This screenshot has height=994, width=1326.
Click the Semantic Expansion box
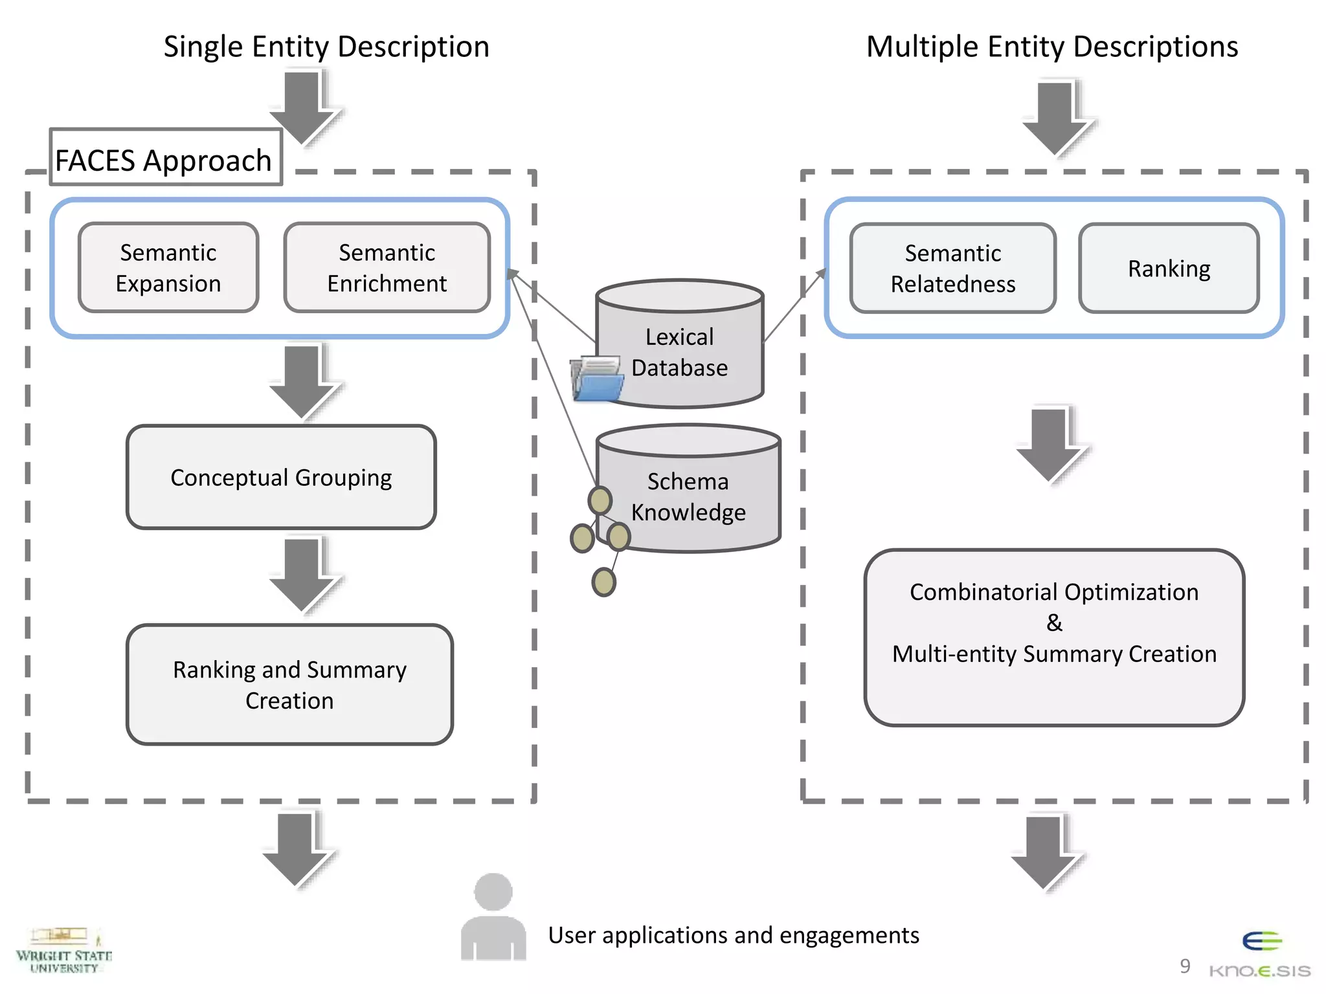tap(168, 267)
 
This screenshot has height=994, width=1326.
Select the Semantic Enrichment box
tap(387, 267)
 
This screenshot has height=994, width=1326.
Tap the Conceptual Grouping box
tap(281, 477)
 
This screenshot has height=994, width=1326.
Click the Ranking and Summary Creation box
tap(289, 684)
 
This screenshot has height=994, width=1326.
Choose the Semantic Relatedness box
tap(952, 268)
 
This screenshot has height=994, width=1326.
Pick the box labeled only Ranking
tap(1169, 268)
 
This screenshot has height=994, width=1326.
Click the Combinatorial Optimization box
tap(1054, 637)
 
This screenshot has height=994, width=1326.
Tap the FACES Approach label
tap(165, 159)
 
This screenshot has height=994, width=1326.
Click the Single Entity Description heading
tap(326, 47)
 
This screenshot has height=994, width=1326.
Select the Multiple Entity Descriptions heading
tap(1052, 47)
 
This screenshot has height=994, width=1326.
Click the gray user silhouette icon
tap(493, 918)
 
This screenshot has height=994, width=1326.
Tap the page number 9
tap(1185, 966)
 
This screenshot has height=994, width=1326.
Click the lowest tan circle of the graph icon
tap(603, 582)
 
